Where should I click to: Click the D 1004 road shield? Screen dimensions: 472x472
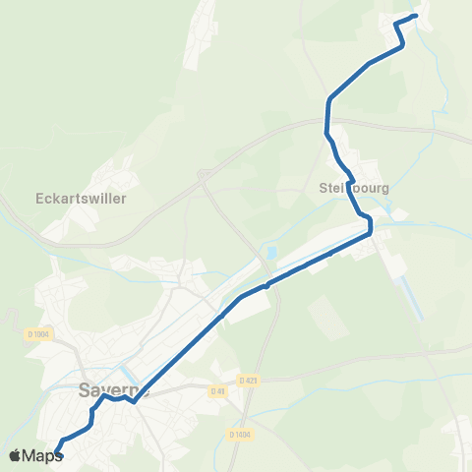[x=38, y=334]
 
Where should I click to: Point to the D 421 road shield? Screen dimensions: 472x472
[x=248, y=380]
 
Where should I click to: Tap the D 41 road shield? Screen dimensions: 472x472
[x=217, y=391]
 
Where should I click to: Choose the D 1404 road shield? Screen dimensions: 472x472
[x=240, y=434]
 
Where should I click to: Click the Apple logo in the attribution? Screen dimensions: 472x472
[x=16, y=455]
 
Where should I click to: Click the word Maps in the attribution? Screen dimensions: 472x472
[x=43, y=455]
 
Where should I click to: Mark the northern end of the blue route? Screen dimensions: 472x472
[x=415, y=16]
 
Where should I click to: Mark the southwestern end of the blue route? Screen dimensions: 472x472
[x=55, y=452]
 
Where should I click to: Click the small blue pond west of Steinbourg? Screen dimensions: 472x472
[x=269, y=253]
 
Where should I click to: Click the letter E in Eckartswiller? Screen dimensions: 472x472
[x=38, y=197]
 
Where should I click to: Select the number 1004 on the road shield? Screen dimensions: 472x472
[x=41, y=334]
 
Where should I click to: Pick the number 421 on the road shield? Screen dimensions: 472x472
[x=251, y=380]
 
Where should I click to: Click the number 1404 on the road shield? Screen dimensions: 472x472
[x=243, y=434]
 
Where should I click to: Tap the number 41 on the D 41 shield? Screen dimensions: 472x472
[x=220, y=391]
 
